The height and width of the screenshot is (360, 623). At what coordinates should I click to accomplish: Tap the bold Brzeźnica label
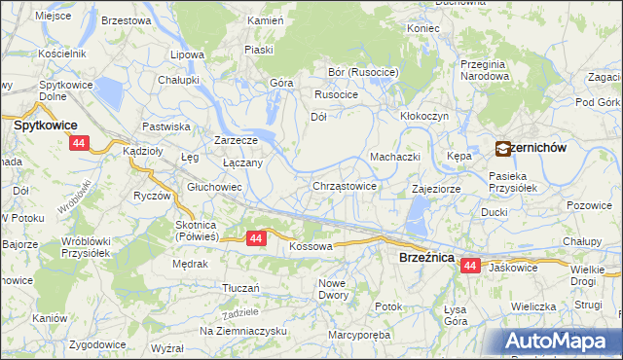click(x=426, y=257)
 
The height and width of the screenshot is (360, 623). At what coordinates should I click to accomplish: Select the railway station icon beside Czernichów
click(x=502, y=149)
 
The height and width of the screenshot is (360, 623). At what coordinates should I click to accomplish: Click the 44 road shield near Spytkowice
click(x=80, y=143)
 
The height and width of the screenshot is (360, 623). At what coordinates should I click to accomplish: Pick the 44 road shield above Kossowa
click(x=256, y=237)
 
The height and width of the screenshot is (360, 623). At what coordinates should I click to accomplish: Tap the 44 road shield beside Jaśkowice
click(x=471, y=265)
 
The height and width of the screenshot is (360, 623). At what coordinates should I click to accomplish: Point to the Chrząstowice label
click(x=345, y=185)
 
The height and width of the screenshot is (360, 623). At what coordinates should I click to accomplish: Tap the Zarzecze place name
click(x=235, y=139)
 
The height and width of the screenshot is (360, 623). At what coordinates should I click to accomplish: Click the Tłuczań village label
click(x=240, y=288)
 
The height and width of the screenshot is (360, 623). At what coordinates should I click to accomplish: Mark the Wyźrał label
click(x=167, y=346)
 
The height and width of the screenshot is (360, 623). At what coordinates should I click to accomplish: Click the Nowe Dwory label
click(x=333, y=288)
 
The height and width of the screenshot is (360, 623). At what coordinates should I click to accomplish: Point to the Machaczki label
click(x=394, y=157)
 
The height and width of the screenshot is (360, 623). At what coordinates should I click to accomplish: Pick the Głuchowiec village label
click(x=214, y=186)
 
